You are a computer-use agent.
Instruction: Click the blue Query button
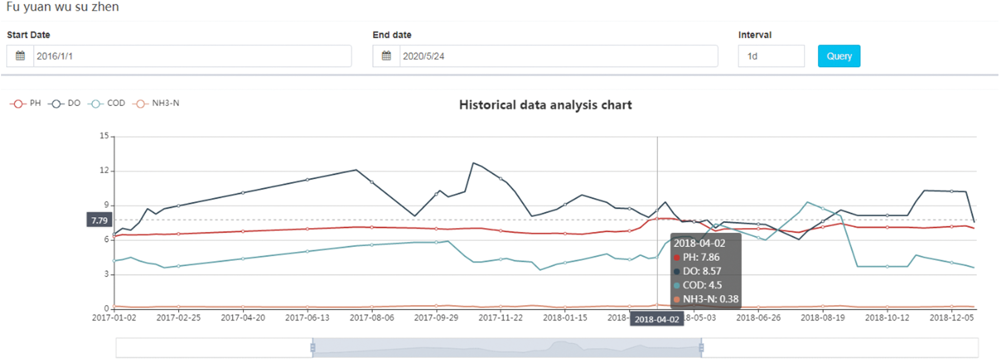point(839,56)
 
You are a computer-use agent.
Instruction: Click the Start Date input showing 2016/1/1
point(192,56)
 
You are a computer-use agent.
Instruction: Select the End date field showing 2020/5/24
point(558,56)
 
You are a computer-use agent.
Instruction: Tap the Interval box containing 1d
point(771,56)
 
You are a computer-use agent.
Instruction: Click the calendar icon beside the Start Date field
point(20,56)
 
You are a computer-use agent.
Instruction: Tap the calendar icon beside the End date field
point(386,56)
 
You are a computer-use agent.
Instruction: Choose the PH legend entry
point(26,103)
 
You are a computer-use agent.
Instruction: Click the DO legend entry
point(65,103)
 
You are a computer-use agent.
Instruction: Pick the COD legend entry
point(107,103)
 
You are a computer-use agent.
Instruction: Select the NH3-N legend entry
point(157,103)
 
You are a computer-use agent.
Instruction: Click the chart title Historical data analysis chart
point(545,105)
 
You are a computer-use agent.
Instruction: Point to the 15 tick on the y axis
point(104,136)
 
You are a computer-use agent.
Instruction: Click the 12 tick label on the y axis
point(104,170)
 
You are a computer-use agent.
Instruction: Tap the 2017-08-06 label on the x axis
point(372,318)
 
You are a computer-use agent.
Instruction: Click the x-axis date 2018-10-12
point(887,318)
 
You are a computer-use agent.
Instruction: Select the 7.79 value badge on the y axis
point(100,220)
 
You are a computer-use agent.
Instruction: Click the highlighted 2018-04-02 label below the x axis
point(657,319)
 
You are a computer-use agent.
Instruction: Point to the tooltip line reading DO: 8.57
point(701,271)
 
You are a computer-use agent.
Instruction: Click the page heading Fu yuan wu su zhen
point(62,7)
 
